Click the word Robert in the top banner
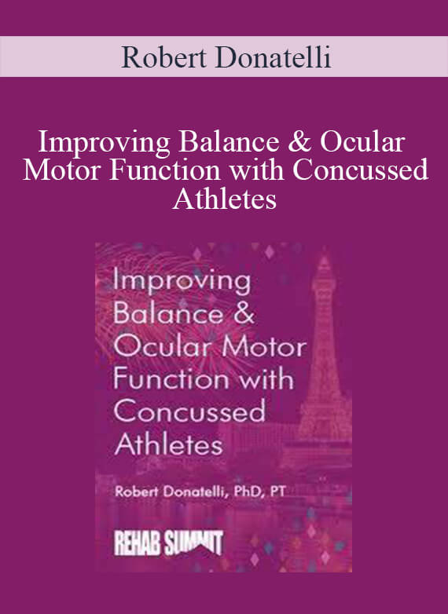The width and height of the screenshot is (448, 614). (x=163, y=57)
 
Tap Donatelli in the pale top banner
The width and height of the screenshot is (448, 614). (x=273, y=57)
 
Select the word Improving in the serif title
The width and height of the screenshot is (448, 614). (x=105, y=144)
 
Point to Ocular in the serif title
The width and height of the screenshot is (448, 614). (x=362, y=143)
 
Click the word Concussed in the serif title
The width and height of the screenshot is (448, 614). (x=361, y=170)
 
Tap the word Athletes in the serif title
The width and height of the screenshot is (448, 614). (x=225, y=199)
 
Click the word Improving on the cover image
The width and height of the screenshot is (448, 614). (x=182, y=283)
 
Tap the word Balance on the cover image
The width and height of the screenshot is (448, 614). (x=168, y=314)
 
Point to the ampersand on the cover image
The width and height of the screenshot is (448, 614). (x=244, y=314)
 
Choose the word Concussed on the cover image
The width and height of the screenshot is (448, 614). (x=189, y=411)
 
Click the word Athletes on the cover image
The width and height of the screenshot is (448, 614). (x=168, y=444)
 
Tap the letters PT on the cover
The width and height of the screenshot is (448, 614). (x=277, y=492)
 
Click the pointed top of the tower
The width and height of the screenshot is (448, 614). (x=324, y=256)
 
